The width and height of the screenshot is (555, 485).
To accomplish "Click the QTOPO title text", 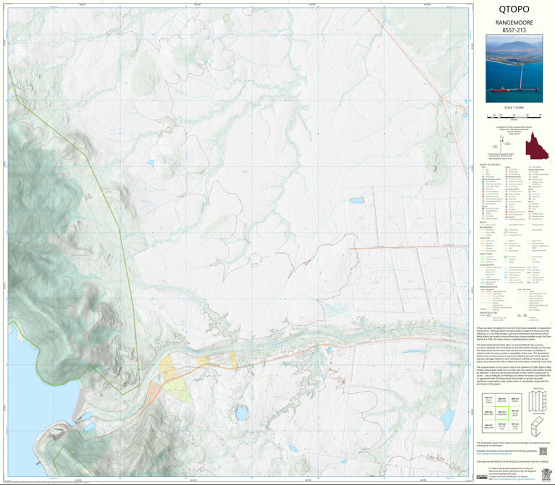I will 514,10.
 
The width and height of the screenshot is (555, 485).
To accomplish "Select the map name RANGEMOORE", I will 514,23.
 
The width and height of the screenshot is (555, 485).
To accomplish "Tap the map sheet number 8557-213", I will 514,32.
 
